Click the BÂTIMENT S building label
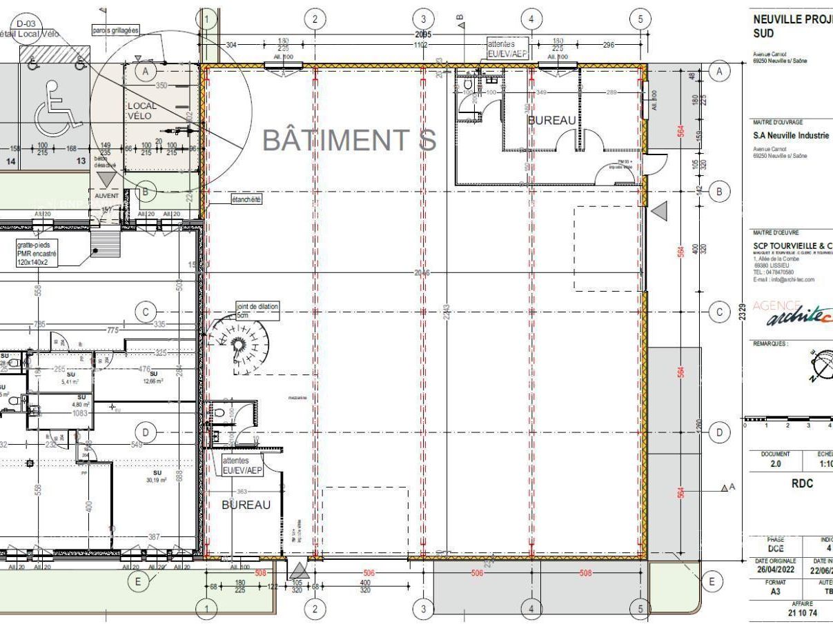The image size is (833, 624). click(x=349, y=140)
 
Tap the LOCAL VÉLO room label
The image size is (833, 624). click(x=141, y=111)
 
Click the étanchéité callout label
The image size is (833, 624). click(x=246, y=199)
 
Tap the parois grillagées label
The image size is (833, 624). click(x=115, y=30)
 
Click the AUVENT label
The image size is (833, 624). click(x=107, y=196)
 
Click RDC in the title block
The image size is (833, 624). click(x=802, y=484)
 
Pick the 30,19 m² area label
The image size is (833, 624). click(x=157, y=480)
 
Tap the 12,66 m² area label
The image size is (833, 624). click(x=153, y=377)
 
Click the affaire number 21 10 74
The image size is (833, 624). click(x=803, y=612)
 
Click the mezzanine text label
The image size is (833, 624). click(x=298, y=398)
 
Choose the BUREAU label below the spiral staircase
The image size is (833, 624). click(x=246, y=505)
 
